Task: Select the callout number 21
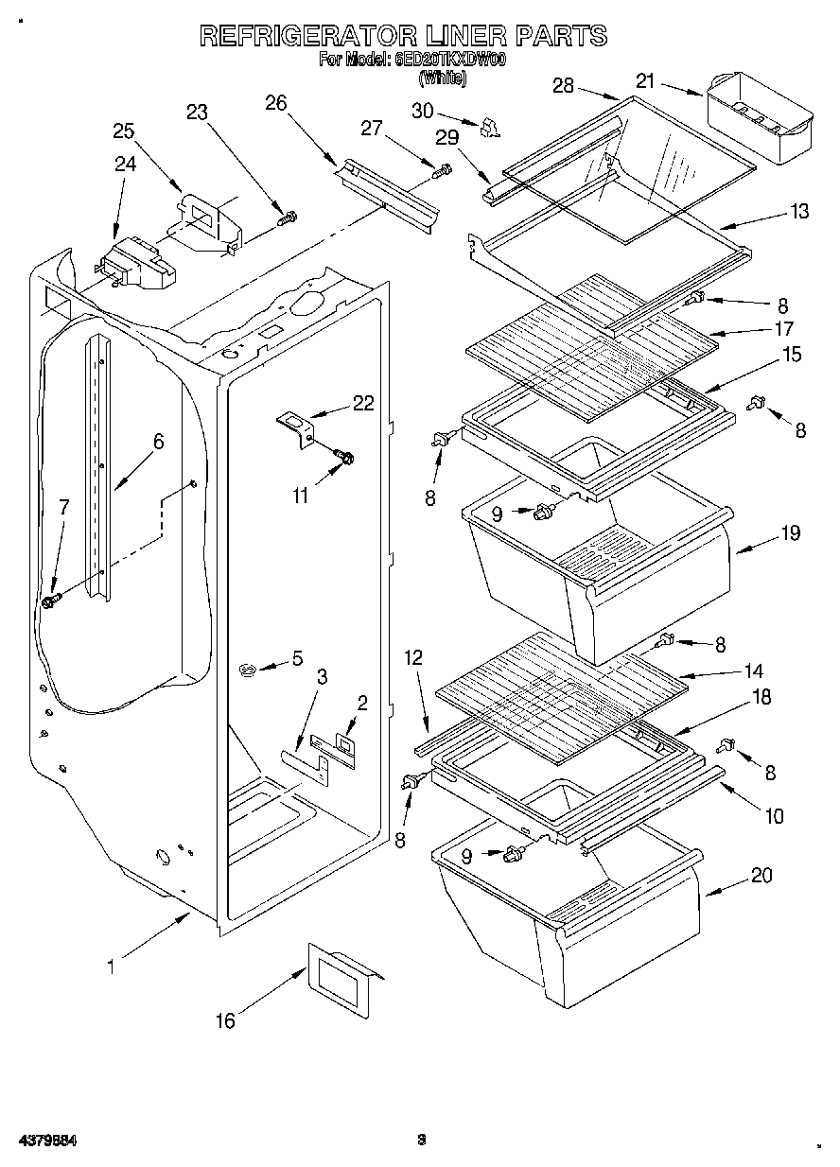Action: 645,82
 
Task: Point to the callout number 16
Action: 225,1020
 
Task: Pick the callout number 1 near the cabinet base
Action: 111,967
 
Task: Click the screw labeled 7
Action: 51,601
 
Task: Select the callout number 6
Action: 158,441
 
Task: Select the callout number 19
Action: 791,533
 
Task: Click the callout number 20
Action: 761,876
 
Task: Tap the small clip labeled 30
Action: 490,127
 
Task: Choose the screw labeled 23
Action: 286,218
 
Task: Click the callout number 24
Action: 125,164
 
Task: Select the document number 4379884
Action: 44,1141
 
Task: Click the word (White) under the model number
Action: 442,79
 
